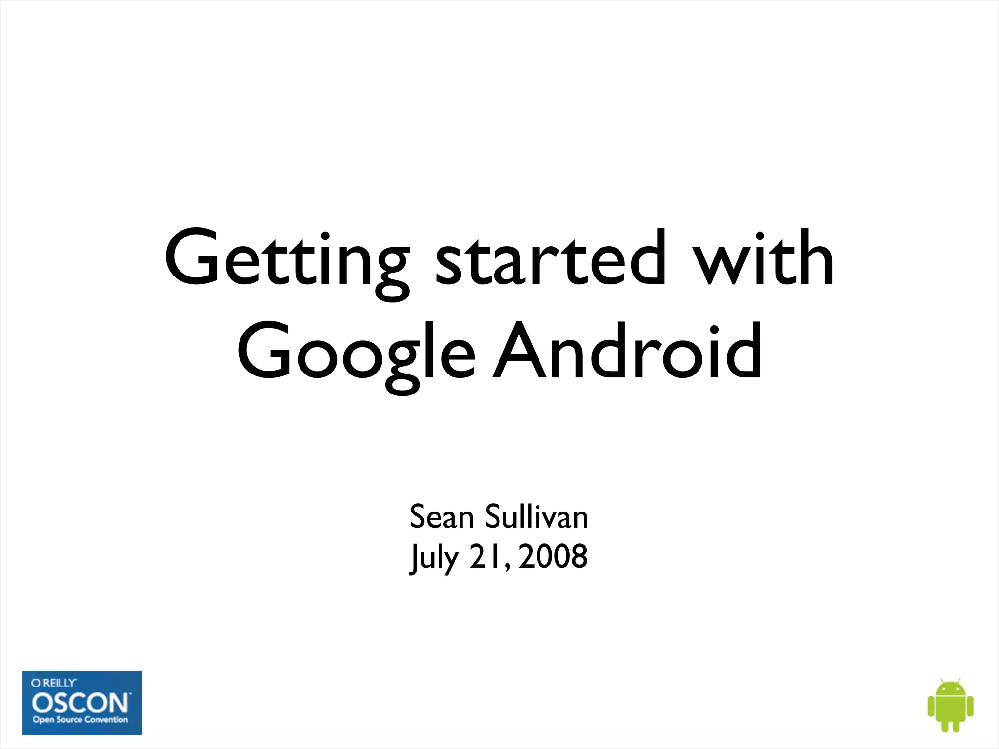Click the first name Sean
tap(441, 517)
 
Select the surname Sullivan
tap(537, 517)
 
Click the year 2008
tap(553, 557)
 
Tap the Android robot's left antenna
tap(941, 680)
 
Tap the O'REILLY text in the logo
tap(54, 683)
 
